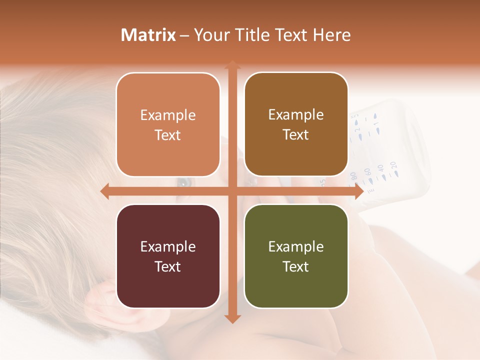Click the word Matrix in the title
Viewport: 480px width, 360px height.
(148, 35)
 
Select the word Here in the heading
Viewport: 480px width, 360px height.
(332, 35)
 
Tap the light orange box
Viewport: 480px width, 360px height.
(168, 125)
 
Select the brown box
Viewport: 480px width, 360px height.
(296, 125)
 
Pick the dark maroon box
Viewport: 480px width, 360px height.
(168, 256)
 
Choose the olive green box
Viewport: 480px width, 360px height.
(296, 256)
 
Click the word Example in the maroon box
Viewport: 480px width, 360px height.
(168, 246)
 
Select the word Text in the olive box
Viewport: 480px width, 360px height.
(296, 266)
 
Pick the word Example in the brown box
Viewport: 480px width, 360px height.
(296, 115)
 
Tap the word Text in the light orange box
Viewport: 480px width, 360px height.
(168, 135)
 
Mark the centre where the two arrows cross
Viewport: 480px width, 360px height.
(232, 191)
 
